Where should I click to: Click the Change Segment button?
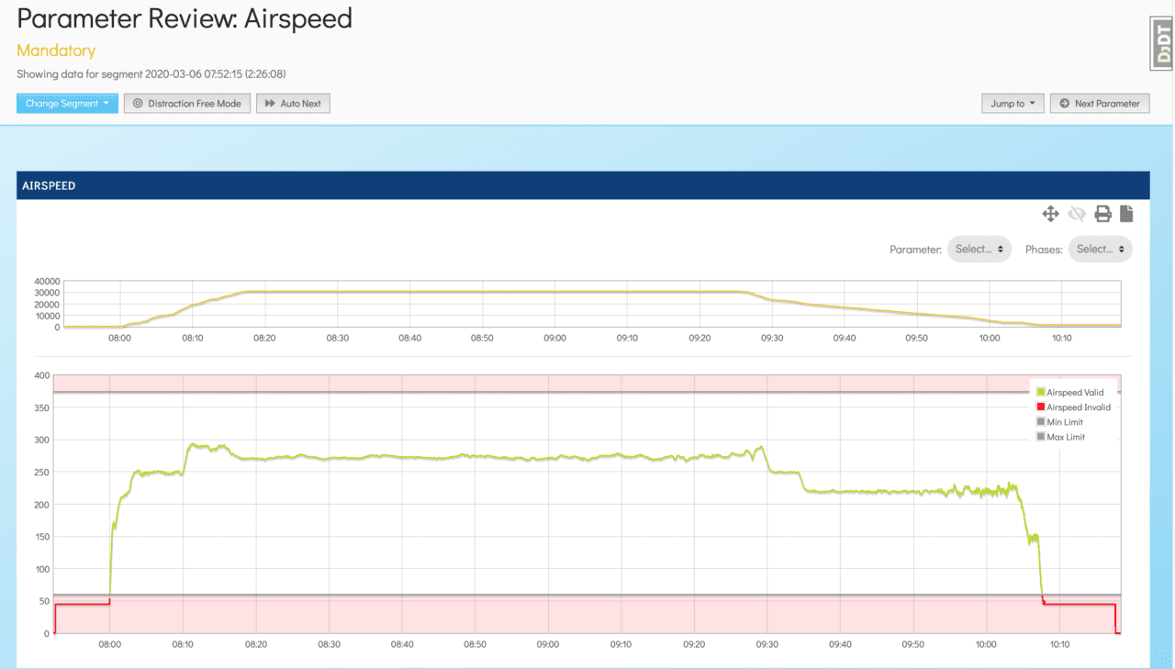pos(67,104)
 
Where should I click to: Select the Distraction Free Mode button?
pos(187,104)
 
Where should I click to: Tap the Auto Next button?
pos(293,104)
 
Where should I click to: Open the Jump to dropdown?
pos(1013,104)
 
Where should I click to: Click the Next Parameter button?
pos(1100,104)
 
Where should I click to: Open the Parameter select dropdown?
pos(979,249)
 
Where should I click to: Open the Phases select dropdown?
pos(1100,249)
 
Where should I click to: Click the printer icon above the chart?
pos(1102,214)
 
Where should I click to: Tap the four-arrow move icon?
pos(1050,214)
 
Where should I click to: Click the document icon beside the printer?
pos(1126,214)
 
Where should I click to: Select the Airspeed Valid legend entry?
pos(1075,393)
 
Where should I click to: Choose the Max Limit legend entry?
pos(1066,437)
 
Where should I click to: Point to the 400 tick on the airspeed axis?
pos(41,375)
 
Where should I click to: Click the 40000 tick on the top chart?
pos(45,281)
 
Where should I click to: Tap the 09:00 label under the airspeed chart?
pos(547,644)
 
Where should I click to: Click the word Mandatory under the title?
pos(56,50)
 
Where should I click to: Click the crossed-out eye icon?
pos(1077,214)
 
